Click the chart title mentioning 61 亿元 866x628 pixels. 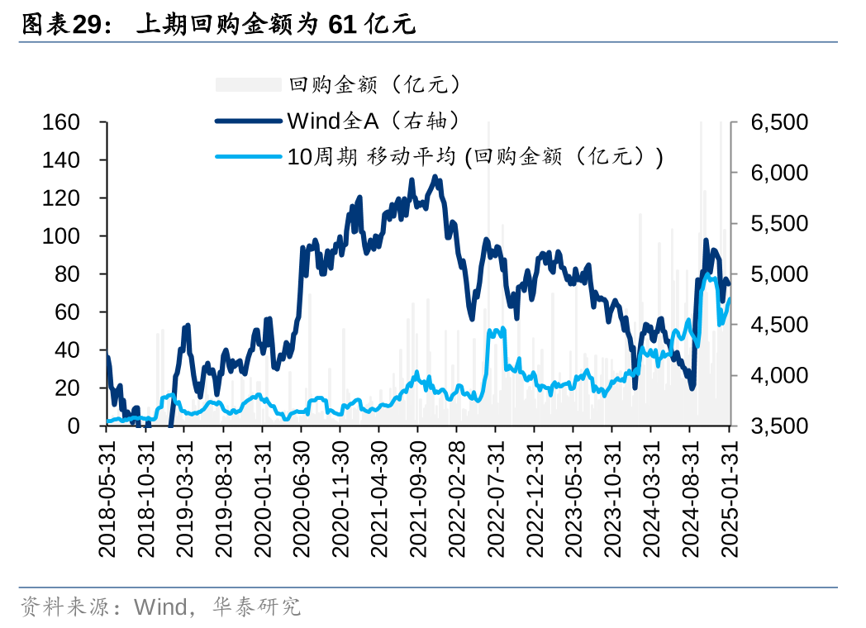[x=218, y=26]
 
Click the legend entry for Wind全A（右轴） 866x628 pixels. [x=371, y=121]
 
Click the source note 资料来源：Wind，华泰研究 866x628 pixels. [x=160, y=608]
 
